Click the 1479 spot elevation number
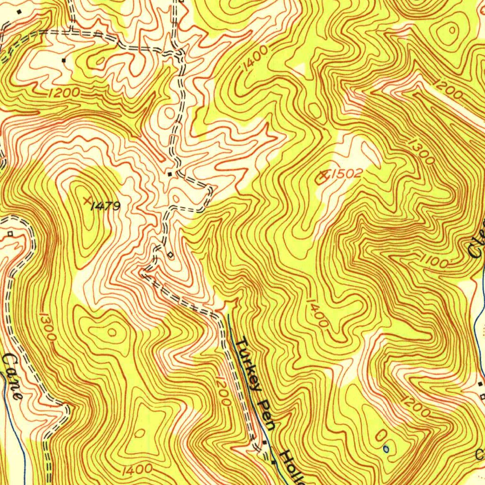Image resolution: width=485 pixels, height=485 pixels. pyautogui.click(x=106, y=206)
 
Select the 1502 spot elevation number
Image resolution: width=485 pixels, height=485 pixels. pyautogui.click(x=346, y=174)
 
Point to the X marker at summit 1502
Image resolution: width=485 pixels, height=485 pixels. pyautogui.click(x=324, y=177)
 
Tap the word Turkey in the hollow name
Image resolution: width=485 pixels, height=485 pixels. pyautogui.click(x=250, y=364)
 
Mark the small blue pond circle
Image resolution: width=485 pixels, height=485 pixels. pyautogui.click(x=386, y=448)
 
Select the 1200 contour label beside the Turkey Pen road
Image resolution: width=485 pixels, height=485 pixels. pyautogui.click(x=222, y=390)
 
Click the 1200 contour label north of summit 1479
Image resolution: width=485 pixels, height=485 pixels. pyautogui.click(x=64, y=93)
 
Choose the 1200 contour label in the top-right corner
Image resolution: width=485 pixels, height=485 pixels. pyautogui.click(x=448, y=90)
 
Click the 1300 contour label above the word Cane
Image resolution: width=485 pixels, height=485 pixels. pyautogui.click(x=48, y=326)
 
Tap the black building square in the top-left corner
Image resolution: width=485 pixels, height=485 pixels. pyautogui.click(x=19, y=11)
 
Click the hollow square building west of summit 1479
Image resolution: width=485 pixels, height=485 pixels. pyautogui.click(x=10, y=234)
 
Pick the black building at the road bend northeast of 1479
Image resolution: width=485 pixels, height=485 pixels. pyautogui.click(x=170, y=174)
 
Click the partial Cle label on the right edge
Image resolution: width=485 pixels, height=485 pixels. pyautogui.click(x=477, y=242)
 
